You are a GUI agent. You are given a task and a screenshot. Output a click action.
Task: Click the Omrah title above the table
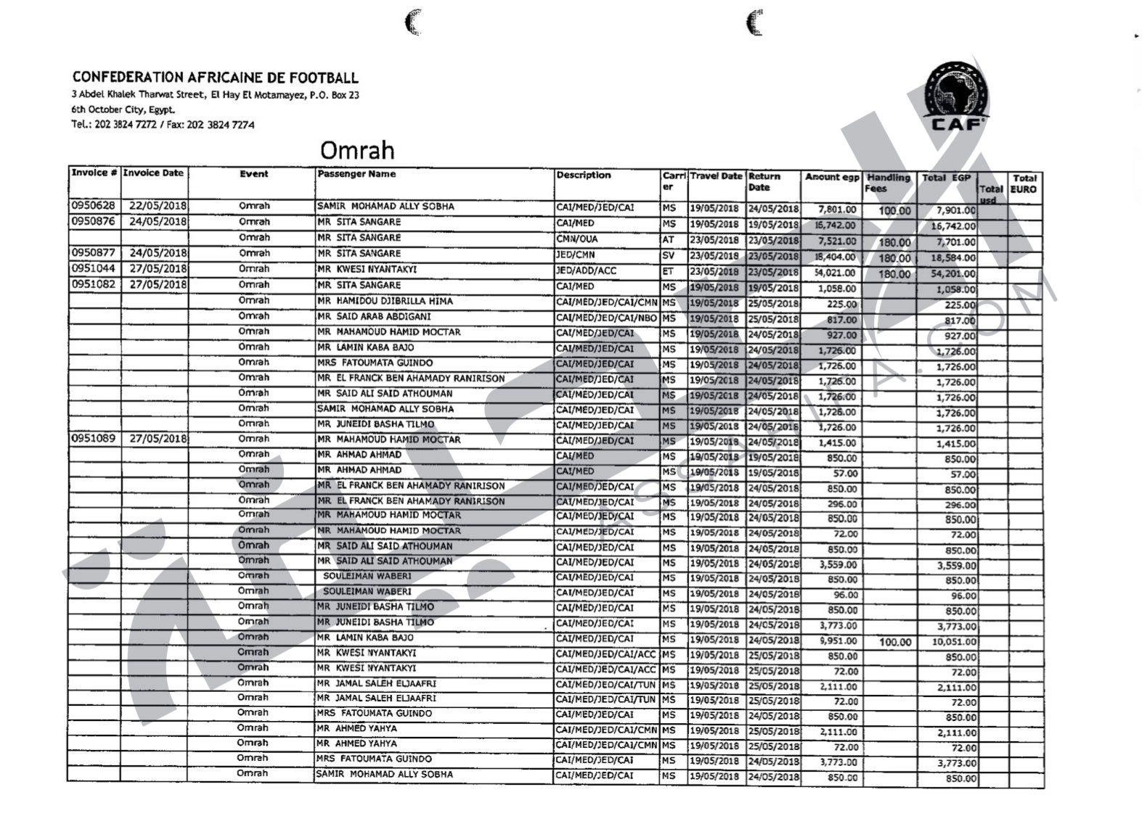pyautogui.click(x=357, y=150)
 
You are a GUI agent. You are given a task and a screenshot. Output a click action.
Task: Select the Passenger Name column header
pyautogui.click(x=356, y=174)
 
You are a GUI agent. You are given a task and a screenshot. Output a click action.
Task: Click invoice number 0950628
pyautogui.click(x=94, y=206)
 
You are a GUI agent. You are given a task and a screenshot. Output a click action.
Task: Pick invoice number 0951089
pyautogui.click(x=94, y=439)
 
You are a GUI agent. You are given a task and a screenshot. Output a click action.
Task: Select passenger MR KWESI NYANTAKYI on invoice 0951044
pyautogui.click(x=367, y=270)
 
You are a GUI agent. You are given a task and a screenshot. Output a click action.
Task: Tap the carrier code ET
pyautogui.click(x=668, y=271)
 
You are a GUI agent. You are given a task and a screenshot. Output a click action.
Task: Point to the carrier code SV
pyautogui.click(x=668, y=255)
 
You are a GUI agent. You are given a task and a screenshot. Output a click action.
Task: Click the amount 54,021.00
pyautogui.click(x=835, y=273)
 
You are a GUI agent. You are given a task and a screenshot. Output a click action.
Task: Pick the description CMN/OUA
pyautogui.click(x=576, y=239)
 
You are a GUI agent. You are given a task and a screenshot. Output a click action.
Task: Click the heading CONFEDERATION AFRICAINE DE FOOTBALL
pyautogui.click(x=215, y=78)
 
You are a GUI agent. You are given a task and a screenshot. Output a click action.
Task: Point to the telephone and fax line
pyautogui.click(x=163, y=125)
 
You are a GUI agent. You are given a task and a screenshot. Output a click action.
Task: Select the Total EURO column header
pyautogui.click(x=1024, y=184)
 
